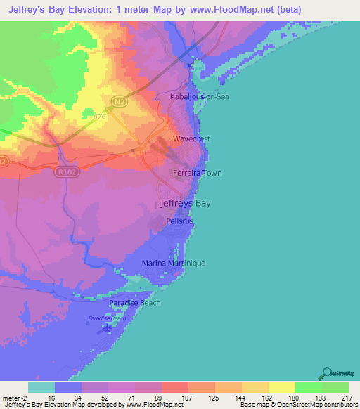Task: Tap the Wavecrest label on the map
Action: click(x=191, y=139)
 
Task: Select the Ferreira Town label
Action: click(x=198, y=173)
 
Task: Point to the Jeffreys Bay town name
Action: click(x=186, y=203)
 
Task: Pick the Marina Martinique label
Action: click(x=173, y=263)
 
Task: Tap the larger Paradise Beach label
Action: click(x=134, y=303)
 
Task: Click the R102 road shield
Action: click(x=65, y=170)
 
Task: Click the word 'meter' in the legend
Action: click(x=11, y=398)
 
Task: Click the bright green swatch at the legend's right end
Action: click(x=335, y=387)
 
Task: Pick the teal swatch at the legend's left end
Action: click(x=41, y=387)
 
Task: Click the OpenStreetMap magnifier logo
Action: click(x=327, y=373)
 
